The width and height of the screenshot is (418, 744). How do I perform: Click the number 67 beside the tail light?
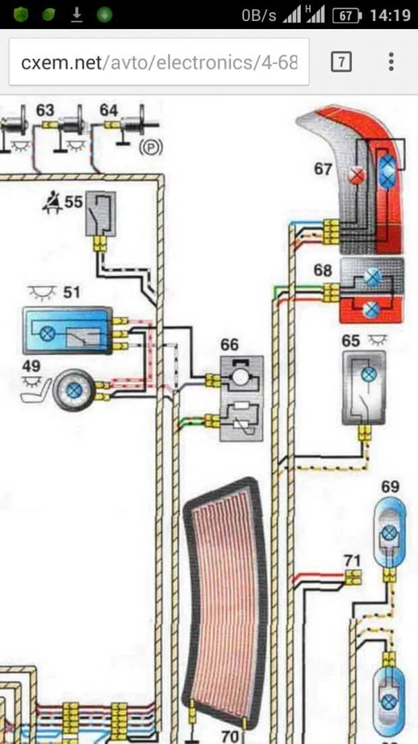click(x=324, y=168)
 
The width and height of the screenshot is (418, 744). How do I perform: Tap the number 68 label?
click(x=323, y=271)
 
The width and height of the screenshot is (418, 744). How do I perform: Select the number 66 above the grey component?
click(x=229, y=345)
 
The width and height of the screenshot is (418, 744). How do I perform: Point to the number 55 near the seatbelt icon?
click(x=74, y=201)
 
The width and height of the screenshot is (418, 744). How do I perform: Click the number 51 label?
click(x=71, y=292)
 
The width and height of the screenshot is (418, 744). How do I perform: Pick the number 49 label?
click(x=31, y=366)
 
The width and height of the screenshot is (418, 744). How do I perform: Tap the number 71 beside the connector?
click(x=352, y=560)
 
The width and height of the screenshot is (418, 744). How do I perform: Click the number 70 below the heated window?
click(x=231, y=736)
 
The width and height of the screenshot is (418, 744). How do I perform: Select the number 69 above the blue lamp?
click(x=390, y=487)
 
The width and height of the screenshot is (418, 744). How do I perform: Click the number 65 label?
click(x=351, y=341)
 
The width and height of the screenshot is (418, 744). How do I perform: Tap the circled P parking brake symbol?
click(x=150, y=147)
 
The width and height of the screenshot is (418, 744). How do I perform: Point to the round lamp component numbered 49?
click(x=75, y=390)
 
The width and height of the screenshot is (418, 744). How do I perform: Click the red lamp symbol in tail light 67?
click(x=357, y=177)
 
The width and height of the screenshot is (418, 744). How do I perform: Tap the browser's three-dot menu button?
click(x=391, y=63)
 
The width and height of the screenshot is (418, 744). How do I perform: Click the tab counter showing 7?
click(x=342, y=63)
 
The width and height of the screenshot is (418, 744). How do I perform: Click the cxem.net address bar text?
click(x=159, y=63)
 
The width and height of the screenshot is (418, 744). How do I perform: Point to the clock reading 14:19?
click(x=390, y=15)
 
